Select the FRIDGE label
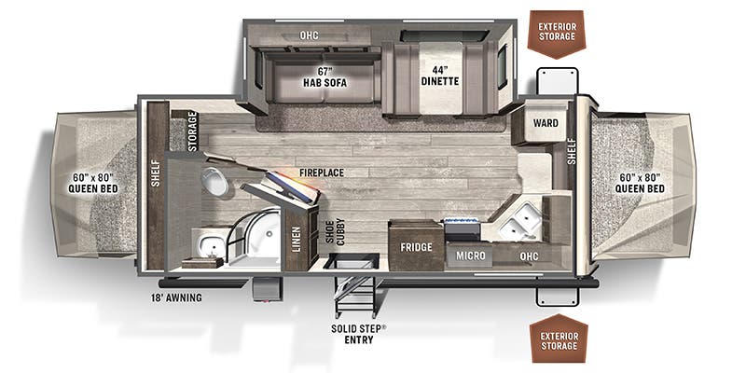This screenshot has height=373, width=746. tap(416, 248)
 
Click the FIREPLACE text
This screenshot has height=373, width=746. tap(322, 173)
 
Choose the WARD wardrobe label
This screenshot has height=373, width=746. tap(546, 123)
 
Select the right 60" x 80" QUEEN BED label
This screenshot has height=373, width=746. tap(640, 183)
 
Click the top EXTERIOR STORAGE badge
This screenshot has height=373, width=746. tap(557, 30)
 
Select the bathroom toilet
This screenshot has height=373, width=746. tap(217, 183)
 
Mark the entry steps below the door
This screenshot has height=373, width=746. tap(353, 294)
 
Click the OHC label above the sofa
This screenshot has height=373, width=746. tap(310, 35)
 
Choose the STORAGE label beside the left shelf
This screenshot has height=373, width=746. tap(192, 131)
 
